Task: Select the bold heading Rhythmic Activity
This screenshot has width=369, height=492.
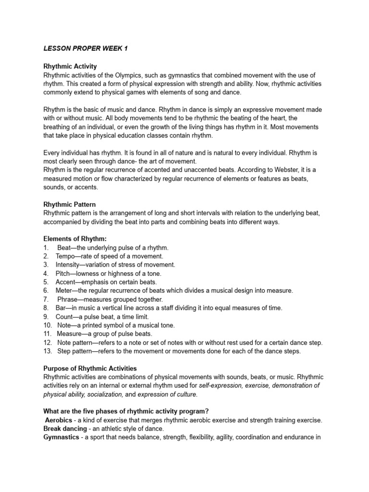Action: click(70, 66)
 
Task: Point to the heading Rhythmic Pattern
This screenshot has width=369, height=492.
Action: click(69, 204)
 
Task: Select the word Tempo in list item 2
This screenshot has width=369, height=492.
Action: click(66, 256)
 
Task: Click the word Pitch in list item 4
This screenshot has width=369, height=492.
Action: click(63, 273)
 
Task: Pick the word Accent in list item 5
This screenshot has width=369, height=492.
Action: click(65, 282)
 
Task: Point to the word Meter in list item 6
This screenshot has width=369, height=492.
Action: click(64, 291)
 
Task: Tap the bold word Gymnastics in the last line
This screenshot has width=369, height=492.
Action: click(61, 437)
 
